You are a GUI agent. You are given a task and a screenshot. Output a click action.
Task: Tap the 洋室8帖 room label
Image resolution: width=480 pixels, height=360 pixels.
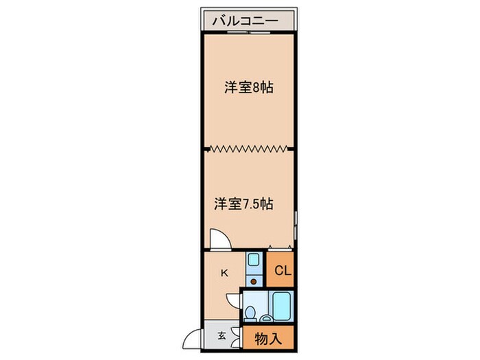pyautogui.click(x=249, y=88)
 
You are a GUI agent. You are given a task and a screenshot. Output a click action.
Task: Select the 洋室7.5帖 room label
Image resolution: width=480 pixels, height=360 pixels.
pyautogui.click(x=244, y=204)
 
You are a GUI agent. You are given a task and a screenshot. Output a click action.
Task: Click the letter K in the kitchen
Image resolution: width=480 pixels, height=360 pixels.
pyautogui.click(x=224, y=273)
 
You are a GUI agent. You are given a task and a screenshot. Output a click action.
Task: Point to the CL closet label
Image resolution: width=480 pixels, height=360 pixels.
pyautogui.click(x=283, y=270)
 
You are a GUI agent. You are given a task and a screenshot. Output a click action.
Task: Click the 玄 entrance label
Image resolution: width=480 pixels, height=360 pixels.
pyautogui.click(x=221, y=336)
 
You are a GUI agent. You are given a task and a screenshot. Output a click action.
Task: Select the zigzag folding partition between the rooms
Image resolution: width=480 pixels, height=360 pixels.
pyautogui.click(x=248, y=147)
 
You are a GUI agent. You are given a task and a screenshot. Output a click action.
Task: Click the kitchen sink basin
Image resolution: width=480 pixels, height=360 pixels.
pyautogui.click(x=253, y=261)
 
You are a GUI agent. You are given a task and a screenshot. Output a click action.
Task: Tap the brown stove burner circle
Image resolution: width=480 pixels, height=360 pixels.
pyautogui.click(x=253, y=280)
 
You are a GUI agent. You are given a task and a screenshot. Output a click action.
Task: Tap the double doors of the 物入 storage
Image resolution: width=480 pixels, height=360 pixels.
pyautogui.click(x=238, y=337)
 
